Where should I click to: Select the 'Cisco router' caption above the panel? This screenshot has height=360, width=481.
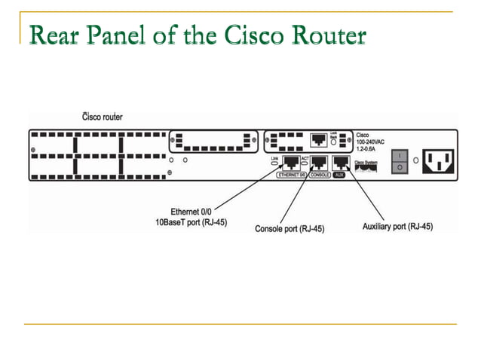(x=102, y=117)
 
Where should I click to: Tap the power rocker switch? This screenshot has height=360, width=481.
(x=400, y=160)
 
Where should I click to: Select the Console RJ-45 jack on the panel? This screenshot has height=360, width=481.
(x=318, y=162)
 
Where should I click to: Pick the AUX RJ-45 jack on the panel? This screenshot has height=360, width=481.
(x=342, y=162)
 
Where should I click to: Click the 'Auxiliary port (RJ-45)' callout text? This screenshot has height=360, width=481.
(x=397, y=226)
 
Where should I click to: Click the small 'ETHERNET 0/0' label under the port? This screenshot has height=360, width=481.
(x=292, y=175)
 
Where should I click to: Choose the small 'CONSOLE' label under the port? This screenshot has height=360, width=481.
(x=318, y=175)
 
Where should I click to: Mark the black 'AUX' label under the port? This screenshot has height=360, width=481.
(x=341, y=175)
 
